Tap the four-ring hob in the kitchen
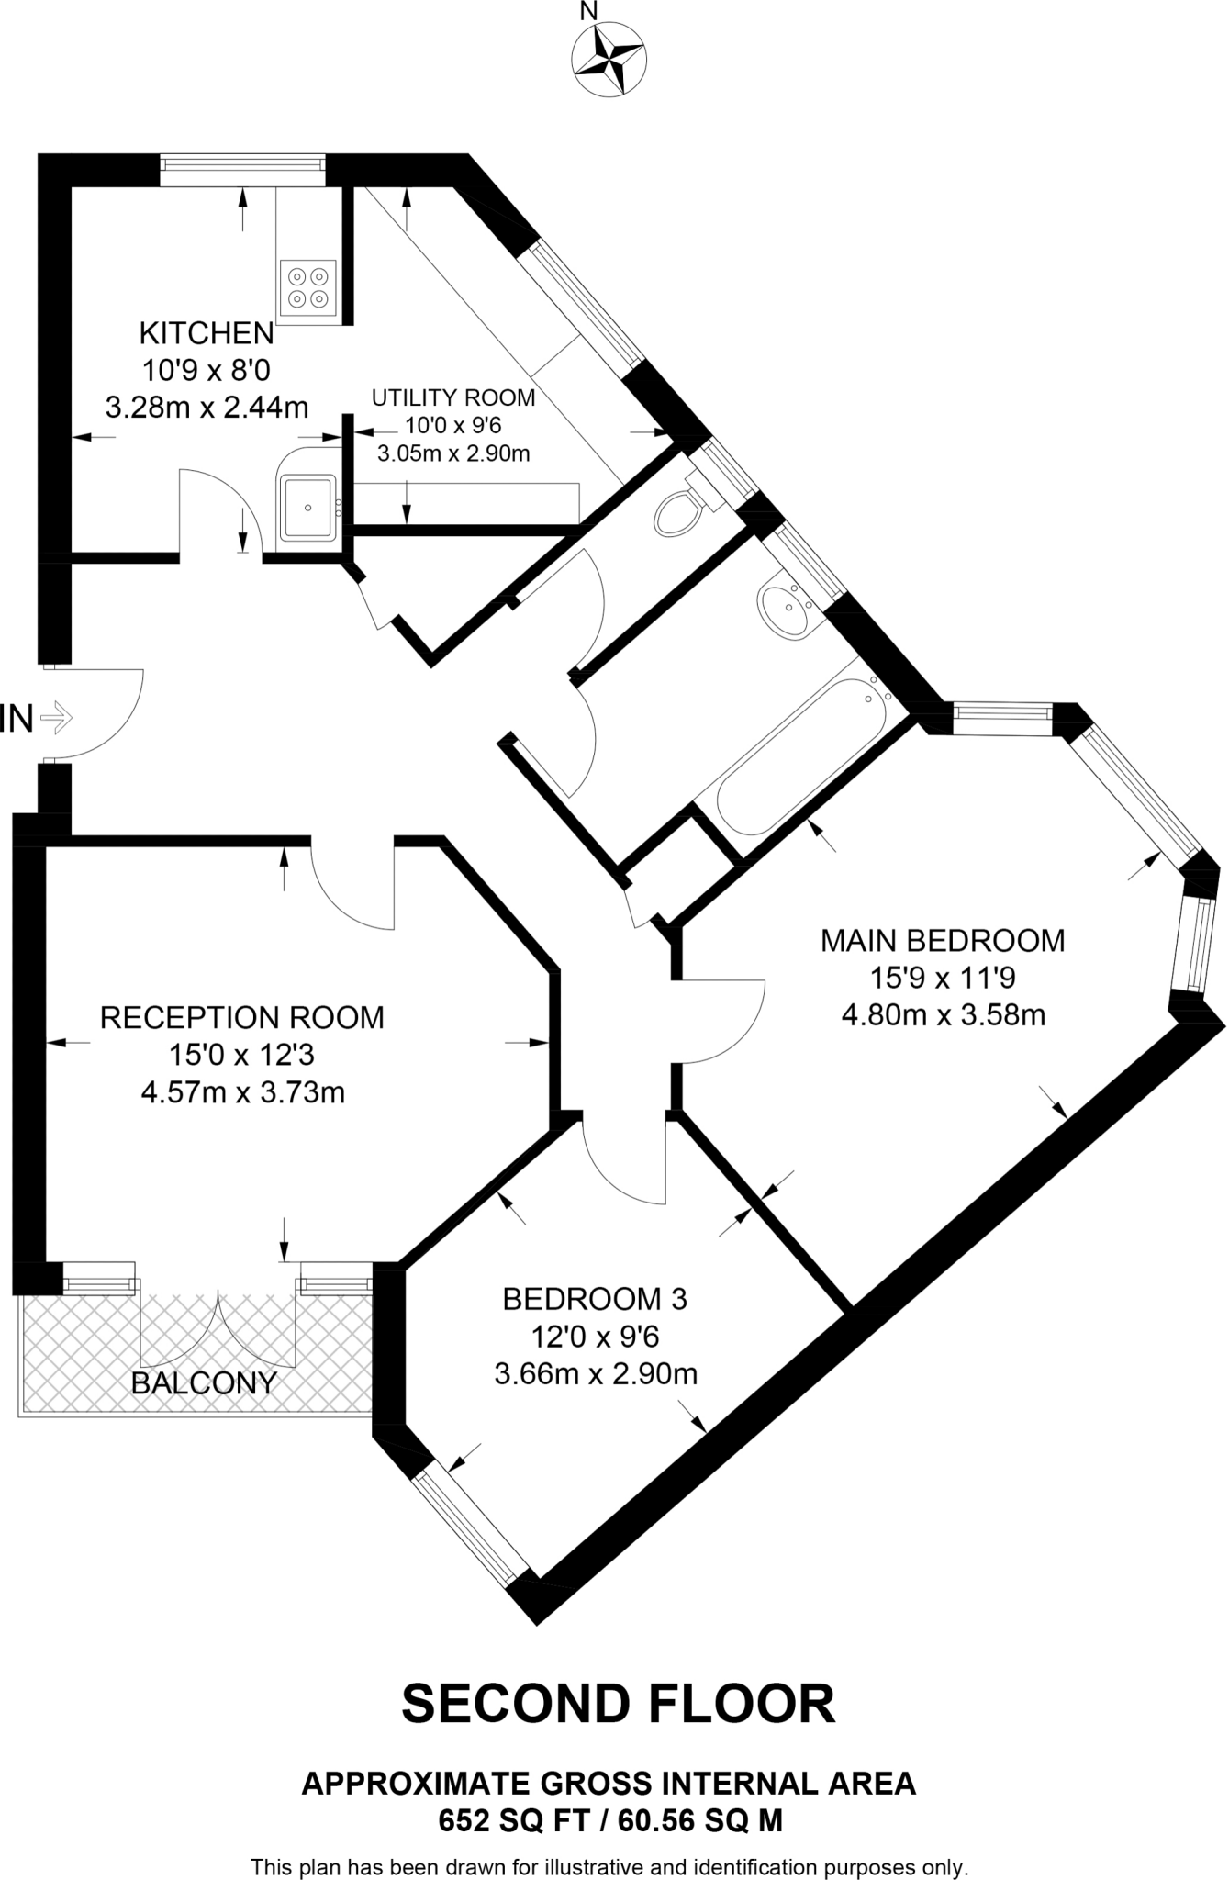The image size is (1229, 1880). click(307, 286)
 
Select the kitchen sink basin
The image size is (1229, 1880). click(308, 506)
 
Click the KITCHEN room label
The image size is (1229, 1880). click(207, 332)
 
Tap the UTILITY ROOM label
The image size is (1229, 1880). click(453, 397)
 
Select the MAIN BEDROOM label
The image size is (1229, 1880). click(943, 940)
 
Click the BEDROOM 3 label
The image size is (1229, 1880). click(595, 1299)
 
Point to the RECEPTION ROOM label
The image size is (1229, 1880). click(242, 1017)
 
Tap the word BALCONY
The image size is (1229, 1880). click(204, 1383)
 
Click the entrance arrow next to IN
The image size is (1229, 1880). click(57, 717)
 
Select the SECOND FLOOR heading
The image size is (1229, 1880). click(618, 1704)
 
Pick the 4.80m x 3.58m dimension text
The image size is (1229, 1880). click(943, 1015)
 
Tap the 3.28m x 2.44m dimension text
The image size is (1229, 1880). click(207, 408)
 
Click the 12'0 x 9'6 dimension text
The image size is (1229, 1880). click(595, 1337)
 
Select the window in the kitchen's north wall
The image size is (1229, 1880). click(242, 170)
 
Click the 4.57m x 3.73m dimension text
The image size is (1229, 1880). click(242, 1092)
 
